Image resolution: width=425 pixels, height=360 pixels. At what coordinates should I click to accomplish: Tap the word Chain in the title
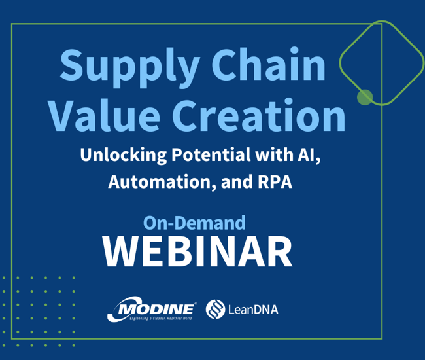tap(268, 65)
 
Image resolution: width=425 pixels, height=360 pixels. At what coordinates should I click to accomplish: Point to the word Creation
tap(259, 115)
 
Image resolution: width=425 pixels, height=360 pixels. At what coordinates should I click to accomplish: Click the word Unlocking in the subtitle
tap(124, 155)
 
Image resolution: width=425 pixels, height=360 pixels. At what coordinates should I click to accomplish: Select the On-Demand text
tap(194, 223)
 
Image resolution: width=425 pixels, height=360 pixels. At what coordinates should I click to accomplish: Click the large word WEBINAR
tap(197, 252)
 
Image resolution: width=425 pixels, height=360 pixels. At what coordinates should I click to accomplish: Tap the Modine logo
tap(152, 309)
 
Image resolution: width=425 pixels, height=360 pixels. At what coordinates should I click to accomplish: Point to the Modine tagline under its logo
tap(161, 318)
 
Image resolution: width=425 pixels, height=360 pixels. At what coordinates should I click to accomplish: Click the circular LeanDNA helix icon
tap(215, 309)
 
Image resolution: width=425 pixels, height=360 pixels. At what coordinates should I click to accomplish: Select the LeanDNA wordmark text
tap(253, 310)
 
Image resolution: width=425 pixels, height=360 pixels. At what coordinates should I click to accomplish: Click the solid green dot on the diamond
tap(365, 97)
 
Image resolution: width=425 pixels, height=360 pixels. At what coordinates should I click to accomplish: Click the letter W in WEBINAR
tap(121, 252)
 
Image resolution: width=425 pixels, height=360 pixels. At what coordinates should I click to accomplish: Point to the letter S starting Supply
tap(71, 65)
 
